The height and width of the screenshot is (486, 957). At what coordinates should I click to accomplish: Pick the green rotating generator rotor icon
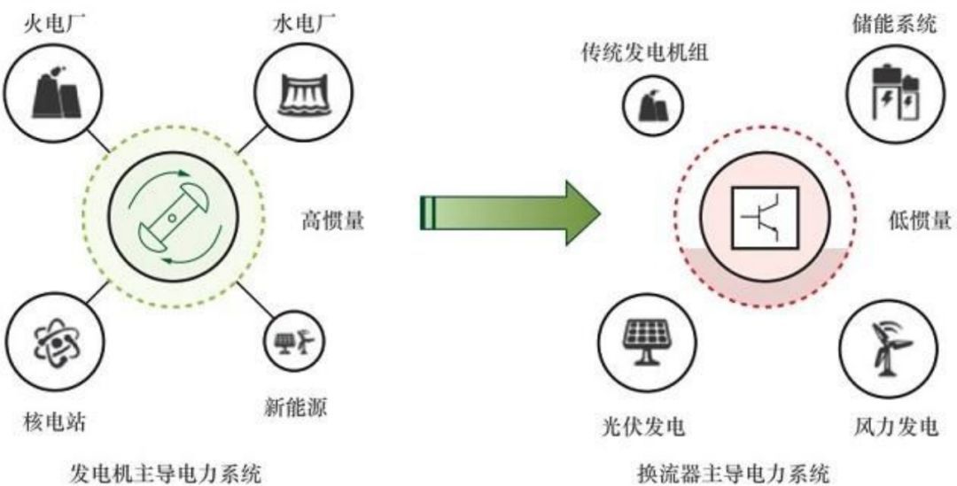tap(169, 217)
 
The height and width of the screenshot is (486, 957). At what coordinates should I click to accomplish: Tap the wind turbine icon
tap(889, 346)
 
